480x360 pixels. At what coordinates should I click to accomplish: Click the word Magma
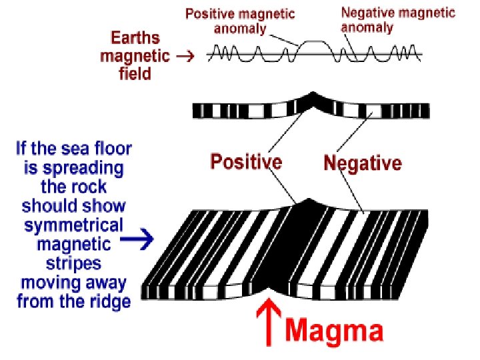[x=335, y=331]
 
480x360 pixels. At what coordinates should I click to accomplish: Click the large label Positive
[x=246, y=161]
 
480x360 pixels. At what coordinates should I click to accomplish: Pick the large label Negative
[x=363, y=163]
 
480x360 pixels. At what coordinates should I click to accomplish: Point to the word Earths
[x=135, y=37]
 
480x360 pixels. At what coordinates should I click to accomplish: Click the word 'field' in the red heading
[x=135, y=73]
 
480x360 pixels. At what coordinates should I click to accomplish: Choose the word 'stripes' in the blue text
[x=73, y=263]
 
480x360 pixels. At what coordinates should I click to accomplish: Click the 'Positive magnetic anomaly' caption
[x=240, y=21]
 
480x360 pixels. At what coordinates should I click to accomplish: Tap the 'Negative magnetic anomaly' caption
[x=398, y=19]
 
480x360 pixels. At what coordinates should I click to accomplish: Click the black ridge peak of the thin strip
[x=313, y=101]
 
